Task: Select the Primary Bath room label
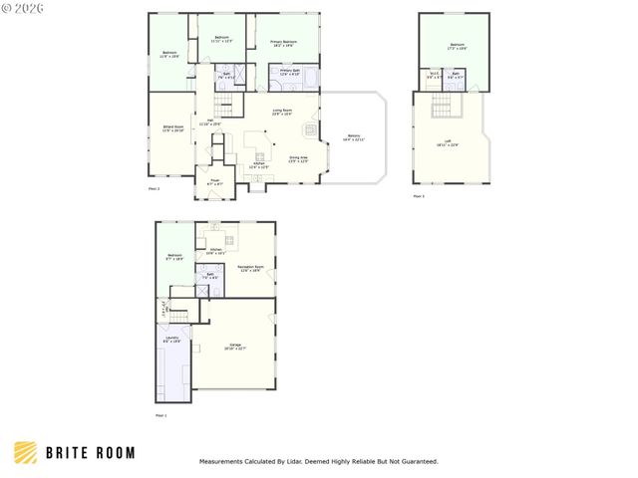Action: pos(290,72)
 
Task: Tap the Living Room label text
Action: pos(282,113)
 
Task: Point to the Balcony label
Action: pos(354,138)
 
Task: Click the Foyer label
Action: pos(214,182)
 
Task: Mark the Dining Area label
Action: pos(298,158)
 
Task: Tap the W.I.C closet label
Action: pos(435,75)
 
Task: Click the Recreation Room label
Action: pos(249,268)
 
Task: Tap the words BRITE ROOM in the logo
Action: pos(90,453)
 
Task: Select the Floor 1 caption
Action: pos(160,414)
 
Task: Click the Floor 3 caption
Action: pos(419,196)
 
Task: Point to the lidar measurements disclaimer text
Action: pos(319,461)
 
